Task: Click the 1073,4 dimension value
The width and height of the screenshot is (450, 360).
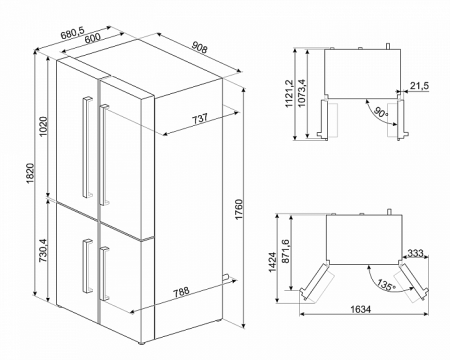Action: click(302, 96)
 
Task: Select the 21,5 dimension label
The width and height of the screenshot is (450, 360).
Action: click(419, 88)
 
